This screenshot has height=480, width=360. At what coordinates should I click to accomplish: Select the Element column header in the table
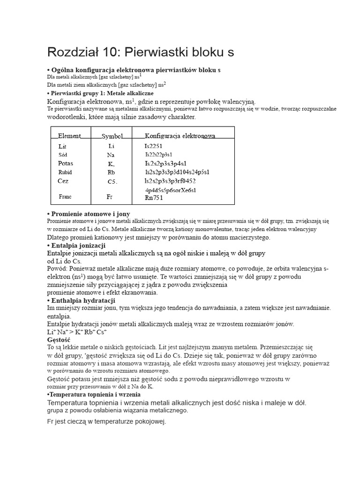click(x=69, y=136)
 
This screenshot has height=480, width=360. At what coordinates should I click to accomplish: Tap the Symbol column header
click(x=112, y=136)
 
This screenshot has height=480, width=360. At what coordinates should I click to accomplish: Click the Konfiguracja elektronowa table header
click(x=180, y=136)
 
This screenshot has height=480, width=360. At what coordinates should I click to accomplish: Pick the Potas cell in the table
click(x=66, y=164)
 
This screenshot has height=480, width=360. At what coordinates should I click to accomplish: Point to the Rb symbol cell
click(x=111, y=172)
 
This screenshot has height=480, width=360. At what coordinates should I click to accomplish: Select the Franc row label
click(x=65, y=197)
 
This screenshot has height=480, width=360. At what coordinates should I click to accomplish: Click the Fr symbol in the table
click(x=110, y=197)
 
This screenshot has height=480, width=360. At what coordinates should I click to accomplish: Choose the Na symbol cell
click(x=111, y=155)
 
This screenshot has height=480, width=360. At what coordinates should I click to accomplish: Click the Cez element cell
click(x=63, y=181)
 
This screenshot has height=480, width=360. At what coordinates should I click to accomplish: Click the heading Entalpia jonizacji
click(x=78, y=246)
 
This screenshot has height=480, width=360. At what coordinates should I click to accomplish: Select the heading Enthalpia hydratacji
click(x=82, y=300)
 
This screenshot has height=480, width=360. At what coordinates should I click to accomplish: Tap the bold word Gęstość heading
click(x=59, y=339)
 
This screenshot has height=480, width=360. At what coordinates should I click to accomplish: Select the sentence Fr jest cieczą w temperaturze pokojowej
click(x=107, y=421)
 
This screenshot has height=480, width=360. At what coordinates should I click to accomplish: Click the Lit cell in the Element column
click(x=63, y=146)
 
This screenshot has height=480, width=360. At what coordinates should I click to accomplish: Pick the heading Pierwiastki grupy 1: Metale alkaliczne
click(x=102, y=93)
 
